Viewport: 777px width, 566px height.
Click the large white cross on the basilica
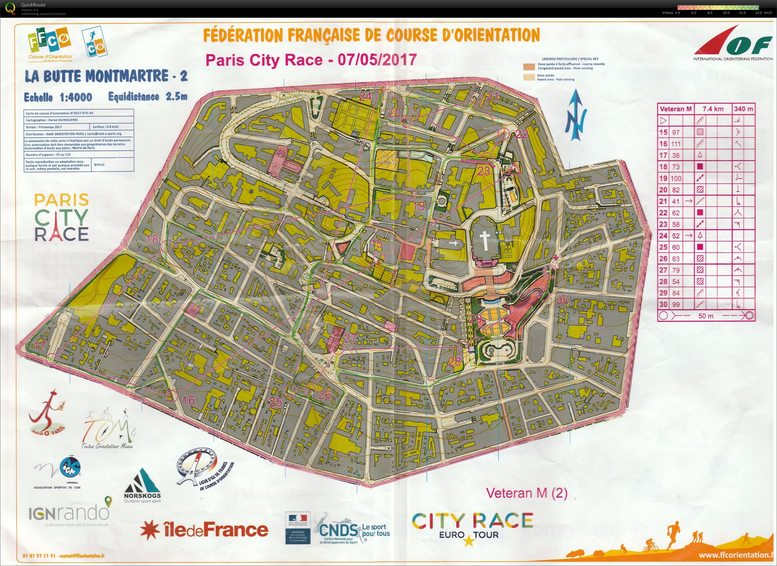click(x=485, y=240)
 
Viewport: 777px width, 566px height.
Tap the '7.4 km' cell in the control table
click(x=713, y=109)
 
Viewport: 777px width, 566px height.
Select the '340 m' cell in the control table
click(x=744, y=109)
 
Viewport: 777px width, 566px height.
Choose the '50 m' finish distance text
click(x=706, y=316)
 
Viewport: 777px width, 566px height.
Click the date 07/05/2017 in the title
click(x=377, y=60)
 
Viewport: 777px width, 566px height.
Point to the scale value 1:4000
click(x=76, y=97)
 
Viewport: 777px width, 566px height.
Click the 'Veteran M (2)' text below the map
click(x=527, y=493)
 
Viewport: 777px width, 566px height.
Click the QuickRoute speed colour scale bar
click(x=718, y=7)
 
